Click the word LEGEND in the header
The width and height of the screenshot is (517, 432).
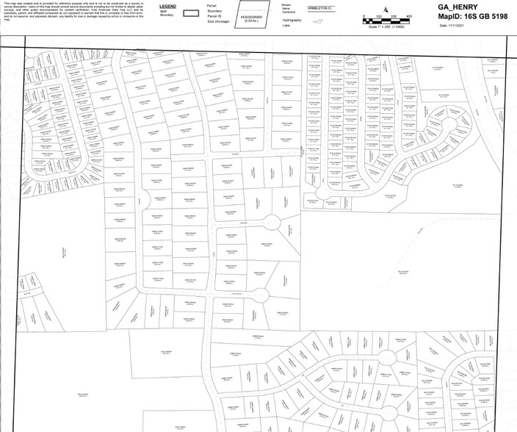pos(168,5)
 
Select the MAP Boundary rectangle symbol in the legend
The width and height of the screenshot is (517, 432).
pos(192,12)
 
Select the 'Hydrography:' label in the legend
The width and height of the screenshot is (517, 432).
pos(292,18)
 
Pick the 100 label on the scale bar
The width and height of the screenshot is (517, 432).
pos(378,15)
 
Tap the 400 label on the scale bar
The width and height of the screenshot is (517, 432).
pos(408,15)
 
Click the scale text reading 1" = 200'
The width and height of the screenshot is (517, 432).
pos(387,26)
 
